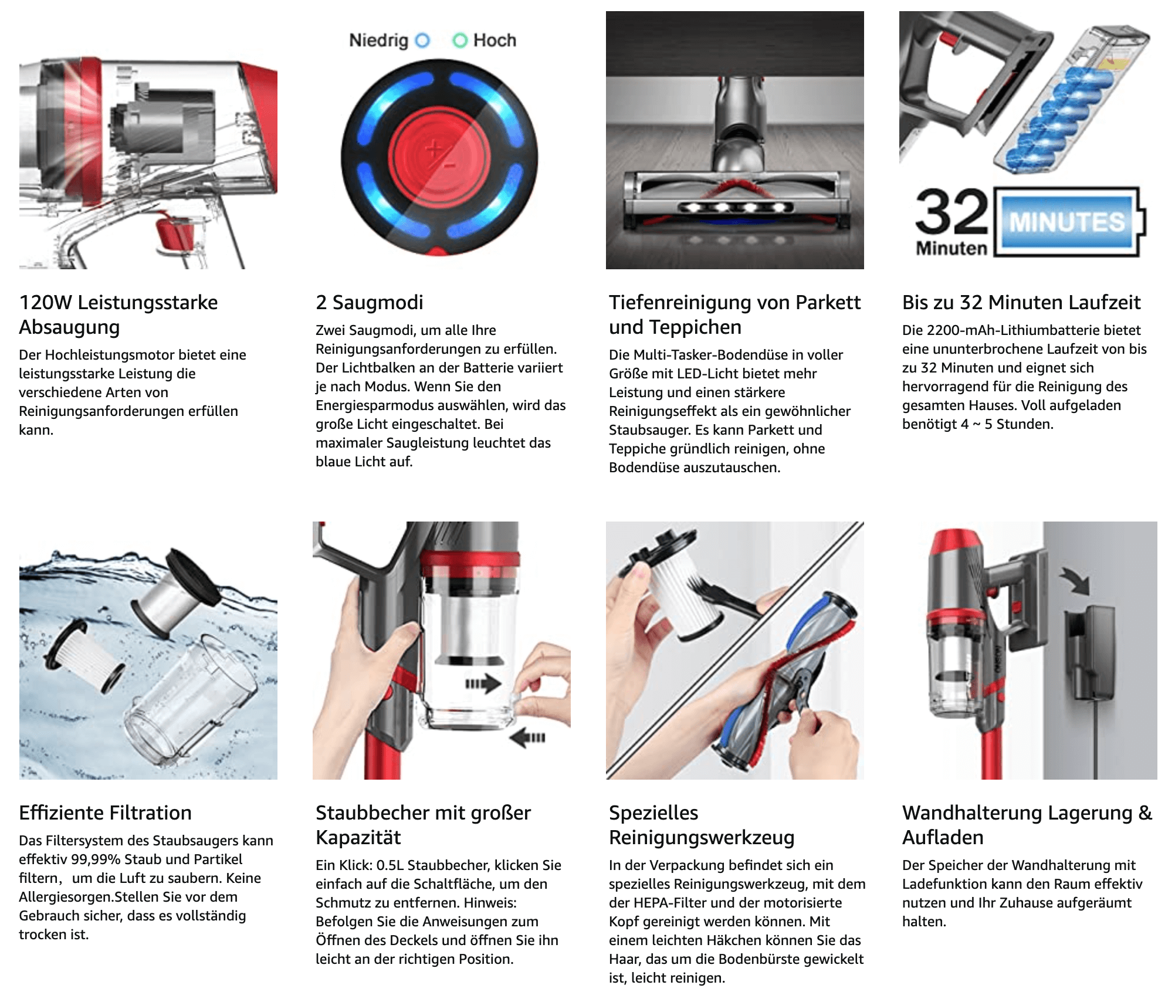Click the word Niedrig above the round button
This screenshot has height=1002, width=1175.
pos(378,40)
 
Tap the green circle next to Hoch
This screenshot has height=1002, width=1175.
pos(460,40)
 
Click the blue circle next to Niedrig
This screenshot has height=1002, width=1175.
pos(422,40)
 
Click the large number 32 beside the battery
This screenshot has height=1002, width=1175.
pos(951,212)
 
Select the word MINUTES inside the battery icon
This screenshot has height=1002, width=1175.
pos(1067,222)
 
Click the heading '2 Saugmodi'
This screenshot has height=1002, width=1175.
pos(369,302)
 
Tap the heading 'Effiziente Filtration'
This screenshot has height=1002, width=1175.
pos(106,813)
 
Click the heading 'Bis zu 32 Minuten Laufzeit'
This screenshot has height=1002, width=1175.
pos(1021,302)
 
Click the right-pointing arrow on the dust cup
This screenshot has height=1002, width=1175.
pos(483,683)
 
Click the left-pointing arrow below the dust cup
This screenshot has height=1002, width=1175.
pos(527,737)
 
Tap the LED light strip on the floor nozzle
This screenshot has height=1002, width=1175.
pos(736,207)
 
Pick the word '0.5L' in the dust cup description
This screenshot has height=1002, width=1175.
pos(390,865)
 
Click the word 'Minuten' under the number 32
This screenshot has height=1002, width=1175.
pos(951,249)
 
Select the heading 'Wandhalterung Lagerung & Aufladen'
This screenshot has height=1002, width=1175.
pos(1027,825)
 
